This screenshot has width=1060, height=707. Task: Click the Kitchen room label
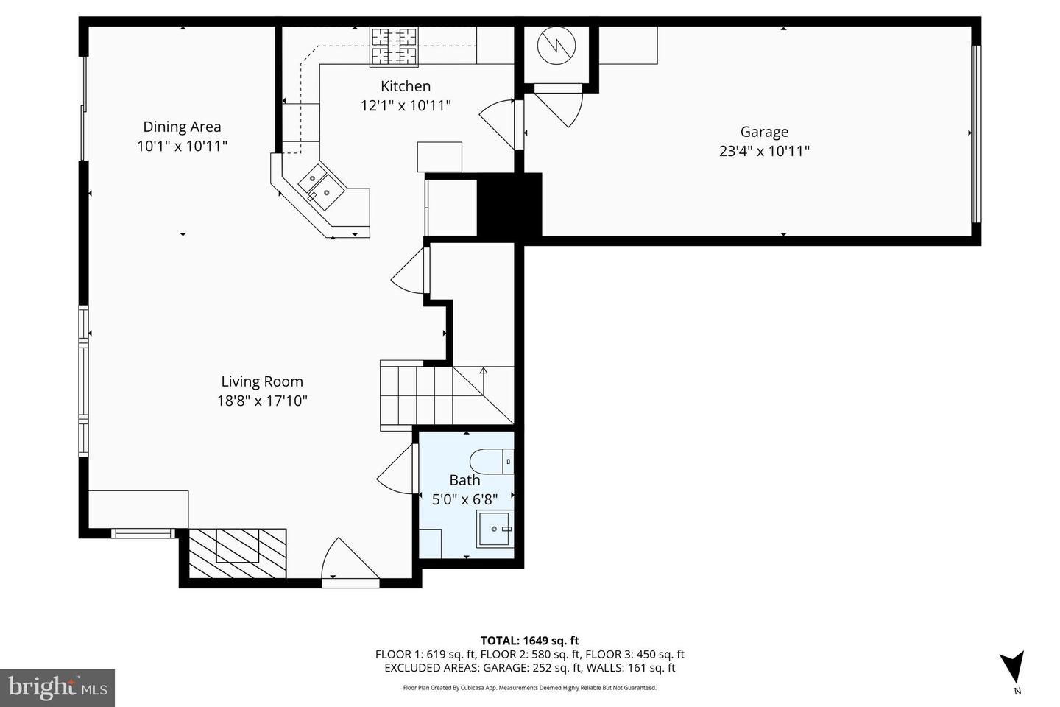pyautogui.click(x=405, y=86)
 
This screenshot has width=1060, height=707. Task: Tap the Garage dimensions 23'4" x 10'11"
pyautogui.click(x=764, y=152)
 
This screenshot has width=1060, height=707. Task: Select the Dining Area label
pyautogui.click(x=182, y=127)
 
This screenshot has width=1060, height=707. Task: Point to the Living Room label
pyautogui.click(x=262, y=381)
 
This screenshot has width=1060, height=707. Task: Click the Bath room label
pyautogui.click(x=464, y=480)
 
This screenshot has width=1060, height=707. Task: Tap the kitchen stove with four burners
pyautogui.click(x=393, y=46)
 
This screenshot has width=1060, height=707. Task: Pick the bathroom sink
pyautogui.click(x=495, y=529)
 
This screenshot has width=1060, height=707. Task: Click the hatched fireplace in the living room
pyautogui.click(x=237, y=553)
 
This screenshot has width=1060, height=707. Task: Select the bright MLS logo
pyautogui.click(x=57, y=688)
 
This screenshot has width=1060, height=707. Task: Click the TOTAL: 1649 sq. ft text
pyautogui.click(x=529, y=641)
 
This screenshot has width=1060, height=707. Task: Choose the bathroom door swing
pyautogui.click(x=397, y=471)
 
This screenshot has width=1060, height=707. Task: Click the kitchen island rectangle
pyautogui.click(x=439, y=157)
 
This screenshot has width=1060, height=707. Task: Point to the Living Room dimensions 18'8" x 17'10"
pyautogui.click(x=262, y=401)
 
